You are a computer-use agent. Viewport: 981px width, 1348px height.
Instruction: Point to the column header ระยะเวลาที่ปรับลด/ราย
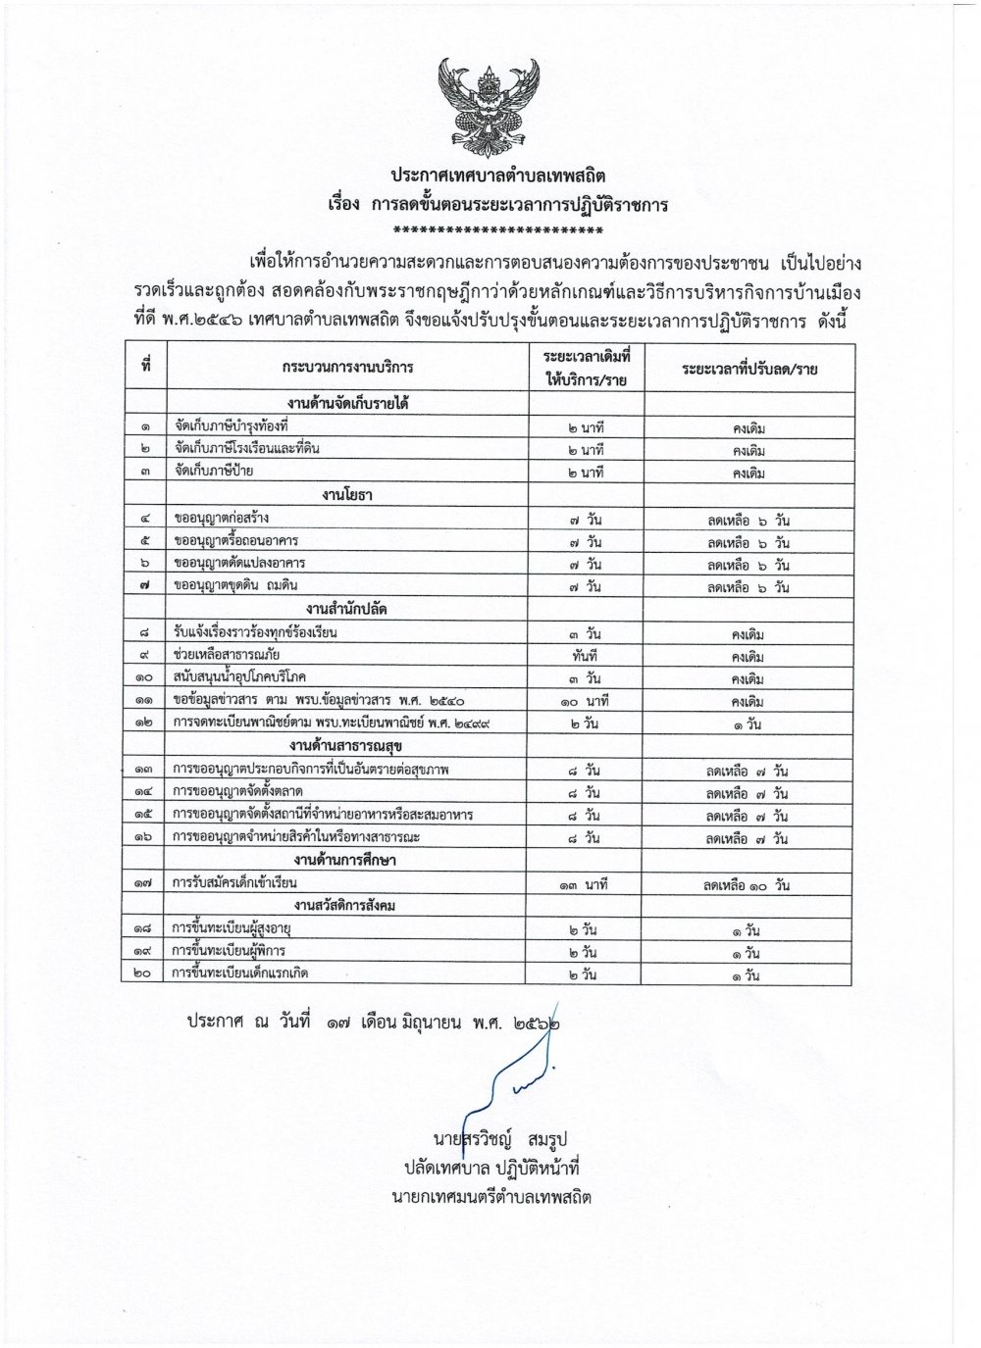[748, 368]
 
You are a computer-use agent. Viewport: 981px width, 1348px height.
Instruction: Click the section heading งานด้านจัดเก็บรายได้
[347, 405]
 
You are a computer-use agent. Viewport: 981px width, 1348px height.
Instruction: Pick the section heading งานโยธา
[347, 495]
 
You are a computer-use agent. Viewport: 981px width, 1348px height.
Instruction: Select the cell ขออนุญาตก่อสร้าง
[221, 518]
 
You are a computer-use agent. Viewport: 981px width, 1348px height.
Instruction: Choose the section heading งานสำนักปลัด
[347, 610]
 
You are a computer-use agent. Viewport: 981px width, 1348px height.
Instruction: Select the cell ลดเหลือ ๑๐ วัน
[746, 885]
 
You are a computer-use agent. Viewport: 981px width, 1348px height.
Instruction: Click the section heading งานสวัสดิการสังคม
[347, 907]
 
